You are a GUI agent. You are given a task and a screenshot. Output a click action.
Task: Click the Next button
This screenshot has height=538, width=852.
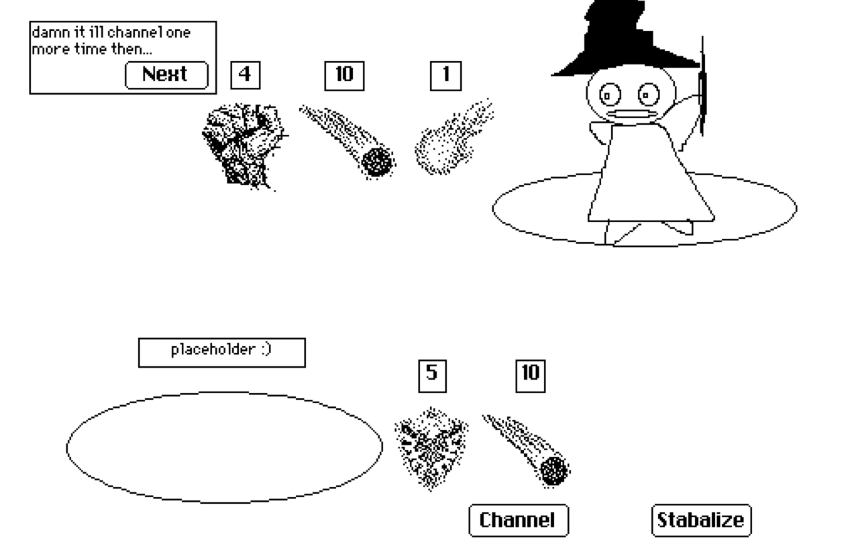click(166, 74)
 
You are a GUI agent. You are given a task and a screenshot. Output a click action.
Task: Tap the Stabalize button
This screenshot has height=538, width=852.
click(701, 521)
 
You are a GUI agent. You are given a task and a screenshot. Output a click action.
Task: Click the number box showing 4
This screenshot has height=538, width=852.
click(245, 75)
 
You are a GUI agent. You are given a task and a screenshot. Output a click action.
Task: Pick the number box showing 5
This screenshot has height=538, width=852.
click(432, 375)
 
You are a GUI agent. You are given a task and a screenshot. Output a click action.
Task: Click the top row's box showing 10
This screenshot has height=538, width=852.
click(344, 75)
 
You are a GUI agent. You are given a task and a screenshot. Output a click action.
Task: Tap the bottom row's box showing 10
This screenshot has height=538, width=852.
click(530, 375)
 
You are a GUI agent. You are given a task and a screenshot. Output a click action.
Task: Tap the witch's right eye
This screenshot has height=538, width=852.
click(647, 95)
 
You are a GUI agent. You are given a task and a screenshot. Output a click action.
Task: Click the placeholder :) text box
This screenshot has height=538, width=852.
click(221, 352)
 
